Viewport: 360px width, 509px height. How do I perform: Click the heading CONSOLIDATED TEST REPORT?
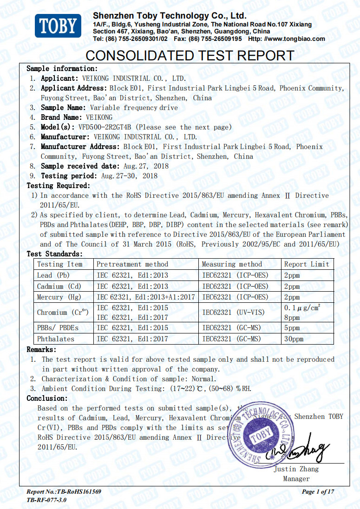click(190, 56)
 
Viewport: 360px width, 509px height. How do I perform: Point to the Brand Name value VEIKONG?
click(99, 117)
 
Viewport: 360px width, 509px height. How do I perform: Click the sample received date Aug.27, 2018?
click(146, 166)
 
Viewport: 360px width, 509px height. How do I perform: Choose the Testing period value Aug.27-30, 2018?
click(129, 176)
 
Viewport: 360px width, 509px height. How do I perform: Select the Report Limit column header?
click(307, 264)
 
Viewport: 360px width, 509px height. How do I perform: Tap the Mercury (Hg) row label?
click(58, 297)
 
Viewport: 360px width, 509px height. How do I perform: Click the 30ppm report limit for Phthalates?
click(293, 339)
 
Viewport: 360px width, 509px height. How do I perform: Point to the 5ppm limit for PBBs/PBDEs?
click(292, 327)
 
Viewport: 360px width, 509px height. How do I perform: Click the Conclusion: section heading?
click(47, 398)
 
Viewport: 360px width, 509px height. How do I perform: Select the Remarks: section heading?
click(41, 349)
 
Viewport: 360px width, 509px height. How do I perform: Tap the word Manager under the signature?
click(296, 478)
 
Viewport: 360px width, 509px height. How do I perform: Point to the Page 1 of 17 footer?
click(318, 491)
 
